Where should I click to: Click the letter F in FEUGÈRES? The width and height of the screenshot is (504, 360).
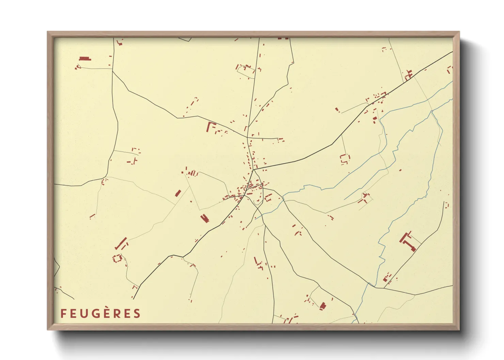(63, 314)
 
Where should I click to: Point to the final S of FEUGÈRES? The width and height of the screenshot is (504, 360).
(137, 314)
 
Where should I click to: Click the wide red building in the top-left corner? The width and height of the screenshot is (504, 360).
(85, 59)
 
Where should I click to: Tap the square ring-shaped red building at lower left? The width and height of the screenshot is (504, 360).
(117, 258)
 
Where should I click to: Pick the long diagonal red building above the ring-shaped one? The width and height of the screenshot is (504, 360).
(121, 243)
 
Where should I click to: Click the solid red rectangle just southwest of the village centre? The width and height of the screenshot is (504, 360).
(204, 218)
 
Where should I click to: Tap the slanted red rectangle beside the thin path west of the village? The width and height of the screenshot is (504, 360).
(177, 193)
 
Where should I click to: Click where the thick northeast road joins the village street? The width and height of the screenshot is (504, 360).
(254, 170)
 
